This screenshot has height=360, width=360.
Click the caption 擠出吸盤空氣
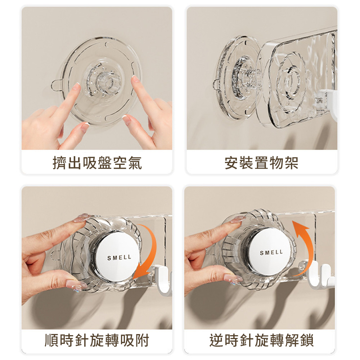pyautogui.click(x=97, y=163)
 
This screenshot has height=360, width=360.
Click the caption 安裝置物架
pyautogui.click(x=262, y=163)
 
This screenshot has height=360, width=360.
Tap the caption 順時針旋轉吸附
pyautogui.click(x=97, y=340)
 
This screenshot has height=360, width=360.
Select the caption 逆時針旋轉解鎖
pyautogui.click(x=262, y=340)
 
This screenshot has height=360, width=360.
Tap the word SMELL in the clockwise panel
pyautogui.click(x=120, y=258)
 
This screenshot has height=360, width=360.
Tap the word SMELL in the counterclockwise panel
pyautogui.click(x=271, y=252)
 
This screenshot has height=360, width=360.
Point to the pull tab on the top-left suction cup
pyautogui.click(x=56, y=85)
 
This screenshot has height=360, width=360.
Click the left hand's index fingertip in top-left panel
pyautogui.click(x=76, y=87)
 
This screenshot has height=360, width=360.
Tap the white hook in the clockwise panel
pyautogui.click(x=161, y=279)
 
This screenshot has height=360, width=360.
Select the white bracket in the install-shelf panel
pyautogui.click(x=329, y=103)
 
